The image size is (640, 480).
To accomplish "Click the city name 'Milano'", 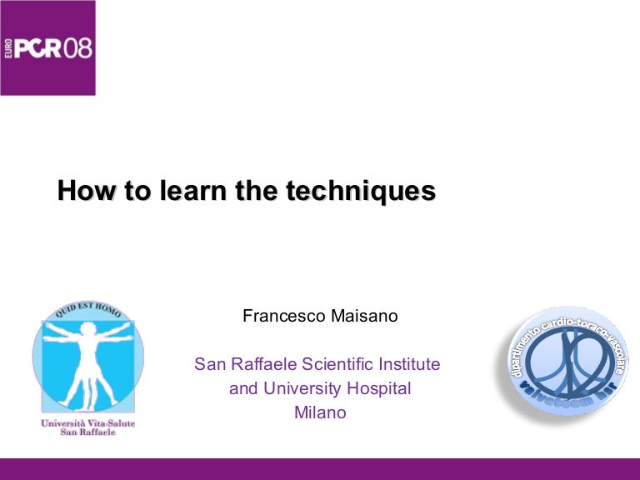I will [320, 412].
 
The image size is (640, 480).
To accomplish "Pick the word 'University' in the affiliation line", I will [303, 388].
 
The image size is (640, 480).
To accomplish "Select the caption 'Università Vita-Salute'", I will [87, 423].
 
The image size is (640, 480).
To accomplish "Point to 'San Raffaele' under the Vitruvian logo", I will [87, 433].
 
